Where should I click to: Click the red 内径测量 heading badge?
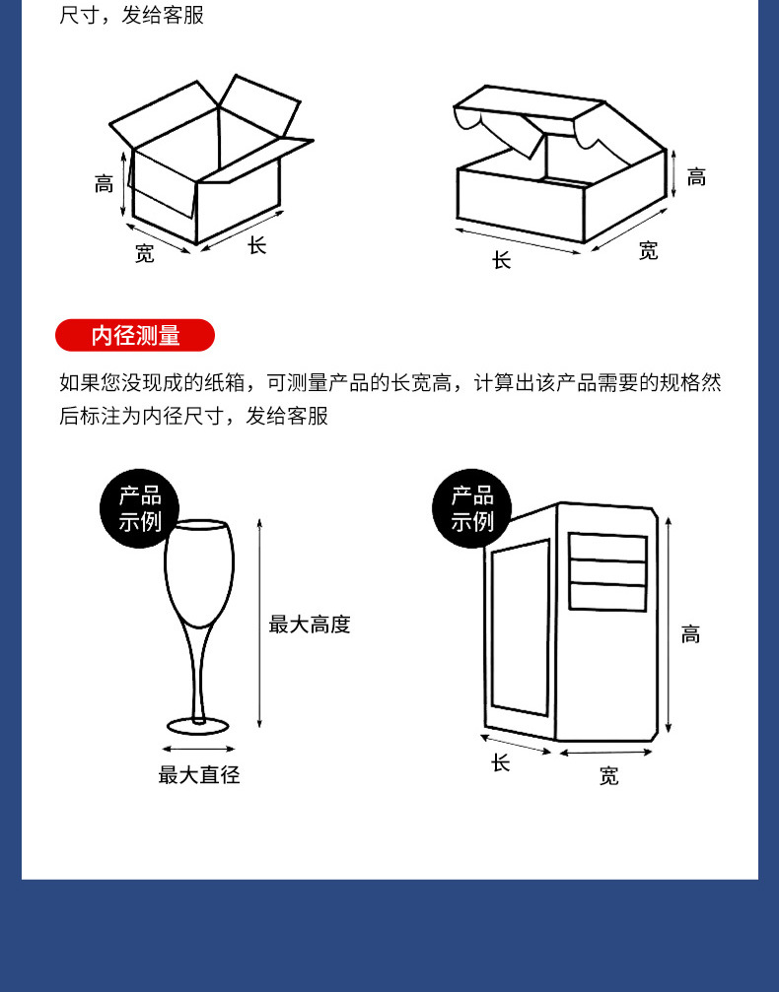pos(135,335)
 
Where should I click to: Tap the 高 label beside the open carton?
pos(104,184)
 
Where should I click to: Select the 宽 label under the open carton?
pos(144,253)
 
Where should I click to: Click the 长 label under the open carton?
pos(256,245)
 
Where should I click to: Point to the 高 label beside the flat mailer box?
pos(696,177)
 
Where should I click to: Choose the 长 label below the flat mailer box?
pos(501,259)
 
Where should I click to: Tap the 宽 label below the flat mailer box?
pos(648,250)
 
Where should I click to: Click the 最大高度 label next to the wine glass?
pos(309,625)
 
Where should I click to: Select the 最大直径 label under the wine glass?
pos(199,774)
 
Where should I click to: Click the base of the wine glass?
pos(198,726)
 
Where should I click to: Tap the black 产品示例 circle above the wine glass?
pos(139,508)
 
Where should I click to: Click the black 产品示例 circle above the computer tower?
pos(471,508)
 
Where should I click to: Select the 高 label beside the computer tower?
pos(690,634)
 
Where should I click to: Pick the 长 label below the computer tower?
pos(500,763)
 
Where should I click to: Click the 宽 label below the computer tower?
pos(608,775)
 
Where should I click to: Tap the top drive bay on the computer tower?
pos(607,548)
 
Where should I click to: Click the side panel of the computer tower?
pos(521,627)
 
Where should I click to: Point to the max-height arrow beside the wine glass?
pos(259,624)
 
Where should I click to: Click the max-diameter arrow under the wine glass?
pos(199,749)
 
